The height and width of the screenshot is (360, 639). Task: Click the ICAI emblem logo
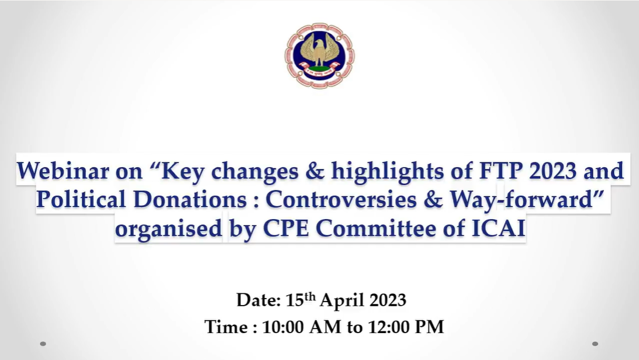[319, 56]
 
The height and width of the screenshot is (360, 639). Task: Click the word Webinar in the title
[63, 171]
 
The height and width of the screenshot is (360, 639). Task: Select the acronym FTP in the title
[500, 171]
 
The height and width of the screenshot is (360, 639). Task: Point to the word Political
[81, 199]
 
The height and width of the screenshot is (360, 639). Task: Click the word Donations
[190, 199]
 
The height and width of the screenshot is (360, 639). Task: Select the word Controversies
[341, 199]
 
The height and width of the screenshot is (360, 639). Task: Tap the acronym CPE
[286, 229]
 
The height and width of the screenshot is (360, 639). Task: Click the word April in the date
[342, 301]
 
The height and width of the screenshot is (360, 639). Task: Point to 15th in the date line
[300, 300]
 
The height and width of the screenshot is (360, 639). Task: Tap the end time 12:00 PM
[406, 327]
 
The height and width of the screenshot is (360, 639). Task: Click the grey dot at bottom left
[43, 344]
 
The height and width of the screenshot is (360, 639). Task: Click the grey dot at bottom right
[595, 344]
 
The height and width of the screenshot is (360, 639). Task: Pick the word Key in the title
[183, 171]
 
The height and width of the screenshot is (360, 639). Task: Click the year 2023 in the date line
[388, 300]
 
